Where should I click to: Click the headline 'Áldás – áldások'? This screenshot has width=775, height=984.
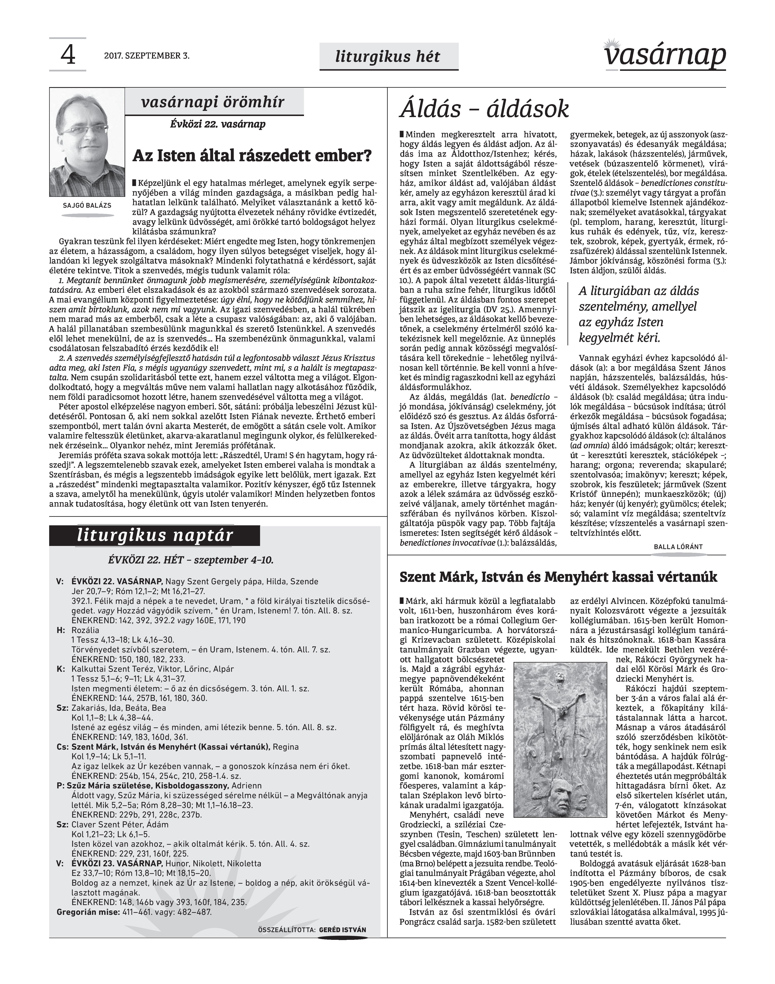tap(484, 109)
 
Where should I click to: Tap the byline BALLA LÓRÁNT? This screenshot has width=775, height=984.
tap(678, 547)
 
